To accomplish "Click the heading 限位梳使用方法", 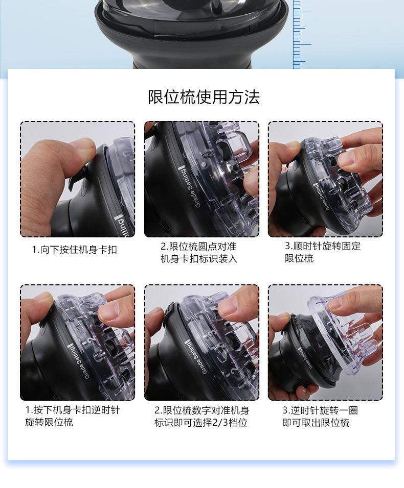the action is point(204,97).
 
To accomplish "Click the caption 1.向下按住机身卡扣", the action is point(75,250).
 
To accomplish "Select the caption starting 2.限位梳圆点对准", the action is point(198,252).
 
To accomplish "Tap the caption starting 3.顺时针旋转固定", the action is point(323,252).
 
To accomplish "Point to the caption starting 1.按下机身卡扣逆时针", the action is point(73,416).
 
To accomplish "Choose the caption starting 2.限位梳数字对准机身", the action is point(201,417).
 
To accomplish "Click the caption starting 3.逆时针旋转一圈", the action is point(320,417).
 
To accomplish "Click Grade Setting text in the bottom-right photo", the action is point(305,358).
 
